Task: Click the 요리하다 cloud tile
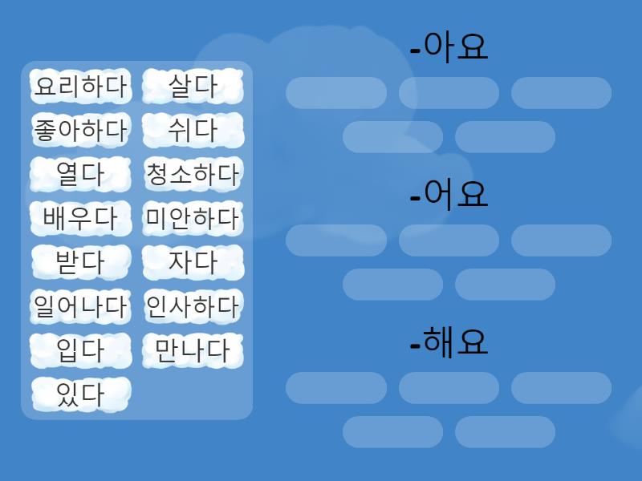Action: pyautogui.click(x=81, y=87)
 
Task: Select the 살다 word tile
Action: pyautogui.click(x=193, y=87)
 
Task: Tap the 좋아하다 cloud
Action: pyautogui.click(x=81, y=130)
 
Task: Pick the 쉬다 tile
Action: pyautogui.click(x=193, y=130)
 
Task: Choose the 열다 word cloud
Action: pyautogui.click(x=81, y=174)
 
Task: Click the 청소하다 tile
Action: pyautogui.click(x=193, y=174)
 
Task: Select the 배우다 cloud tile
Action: pyautogui.click(x=81, y=218)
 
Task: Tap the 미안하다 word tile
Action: pyautogui.click(x=193, y=218)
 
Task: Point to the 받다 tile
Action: pyautogui.click(x=81, y=262)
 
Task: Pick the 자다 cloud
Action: pyautogui.click(x=193, y=262)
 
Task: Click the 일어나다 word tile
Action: pyautogui.click(x=81, y=306)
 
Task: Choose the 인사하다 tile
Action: pyautogui.click(x=193, y=306)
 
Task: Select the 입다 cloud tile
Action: pyautogui.click(x=81, y=350)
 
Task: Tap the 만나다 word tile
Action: pyautogui.click(x=193, y=350)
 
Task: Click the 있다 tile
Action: pyautogui.click(x=81, y=394)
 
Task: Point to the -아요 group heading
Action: pyautogui.click(x=449, y=47)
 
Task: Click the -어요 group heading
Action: pyautogui.click(x=449, y=195)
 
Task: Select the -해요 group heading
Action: pyautogui.click(x=449, y=342)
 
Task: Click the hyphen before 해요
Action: pyautogui.click(x=415, y=346)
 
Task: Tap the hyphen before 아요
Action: pyautogui.click(x=415, y=51)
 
